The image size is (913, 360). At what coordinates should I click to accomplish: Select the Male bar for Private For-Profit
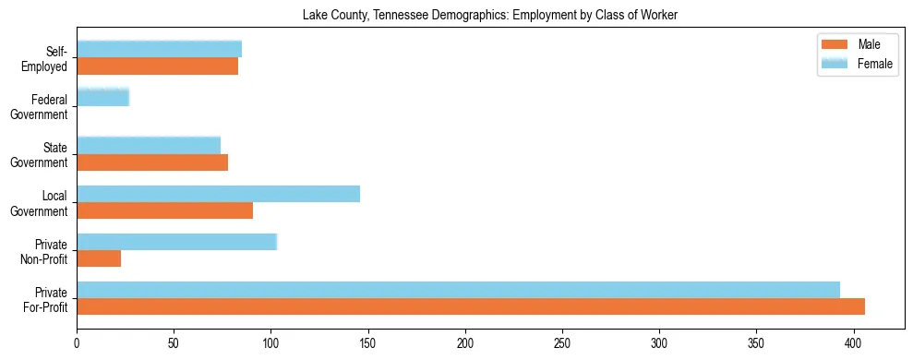point(471,306)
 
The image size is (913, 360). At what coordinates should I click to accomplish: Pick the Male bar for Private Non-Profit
point(99,258)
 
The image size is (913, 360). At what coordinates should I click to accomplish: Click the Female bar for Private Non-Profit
point(176,242)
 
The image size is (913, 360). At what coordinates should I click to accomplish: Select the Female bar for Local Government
point(218,194)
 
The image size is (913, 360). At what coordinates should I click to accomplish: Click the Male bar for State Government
point(152,162)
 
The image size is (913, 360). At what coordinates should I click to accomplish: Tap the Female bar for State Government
point(149,146)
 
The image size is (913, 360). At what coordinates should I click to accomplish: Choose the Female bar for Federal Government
point(102,98)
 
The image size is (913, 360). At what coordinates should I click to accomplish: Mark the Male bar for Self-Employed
point(157,66)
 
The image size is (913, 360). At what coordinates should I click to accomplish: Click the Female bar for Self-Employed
point(159,50)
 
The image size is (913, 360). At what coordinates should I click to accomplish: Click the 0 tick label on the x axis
point(77,342)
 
